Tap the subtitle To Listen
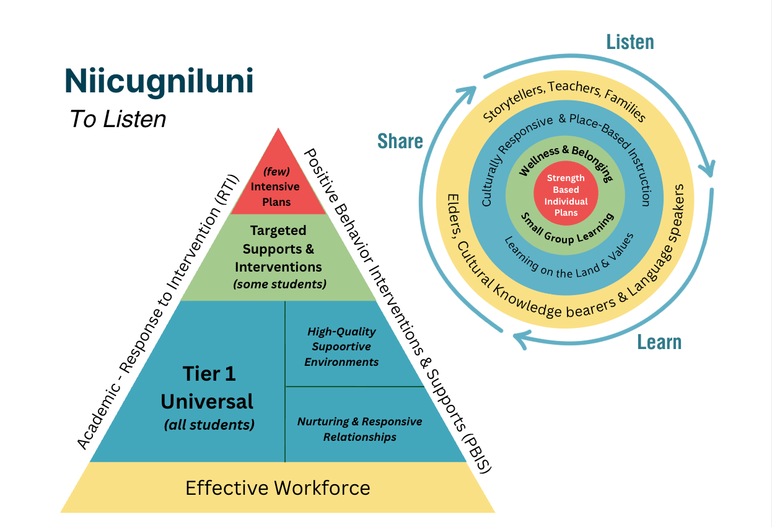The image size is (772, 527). coord(118,119)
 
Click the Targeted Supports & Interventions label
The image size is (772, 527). coord(278,249)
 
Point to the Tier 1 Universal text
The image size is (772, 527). coord(207,387)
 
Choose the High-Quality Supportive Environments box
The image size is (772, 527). coord(341,347)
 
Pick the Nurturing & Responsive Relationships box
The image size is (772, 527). coord(359,429)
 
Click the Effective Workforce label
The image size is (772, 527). coord(278,488)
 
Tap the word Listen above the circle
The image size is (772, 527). coord(629,42)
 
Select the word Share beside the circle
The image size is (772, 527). coord(400,141)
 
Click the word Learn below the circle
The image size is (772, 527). coord(659,342)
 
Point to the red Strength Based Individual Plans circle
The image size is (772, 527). coord(565,195)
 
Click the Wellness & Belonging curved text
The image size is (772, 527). coord(564,161)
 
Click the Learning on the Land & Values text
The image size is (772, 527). coord(569,259)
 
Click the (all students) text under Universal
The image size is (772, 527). coord(209,425)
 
